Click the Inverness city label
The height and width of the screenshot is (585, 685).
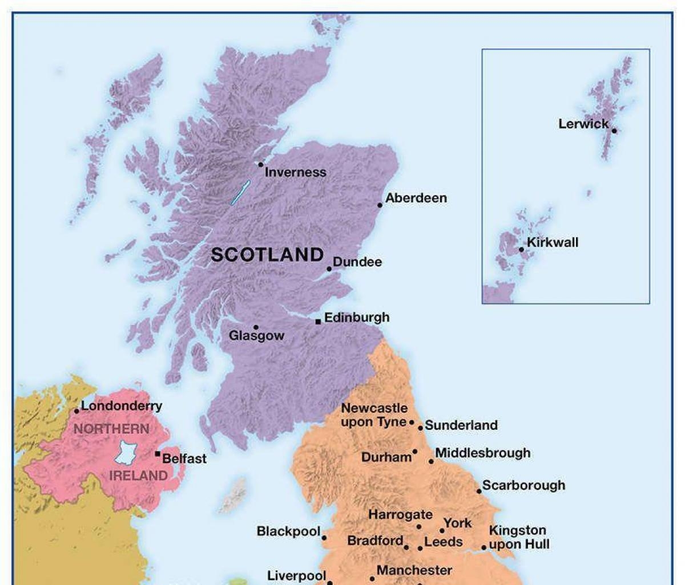(x=295, y=172)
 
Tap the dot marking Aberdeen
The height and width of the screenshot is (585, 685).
(x=380, y=205)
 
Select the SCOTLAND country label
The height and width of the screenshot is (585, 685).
(x=267, y=255)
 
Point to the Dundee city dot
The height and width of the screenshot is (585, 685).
(x=329, y=269)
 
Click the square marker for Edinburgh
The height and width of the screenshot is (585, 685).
(x=318, y=322)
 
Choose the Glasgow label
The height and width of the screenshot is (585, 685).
(x=256, y=336)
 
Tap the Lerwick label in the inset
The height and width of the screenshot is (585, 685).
(x=583, y=124)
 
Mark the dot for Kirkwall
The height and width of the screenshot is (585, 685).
(x=521, y=250)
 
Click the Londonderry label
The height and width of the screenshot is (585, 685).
(x=122, y=406)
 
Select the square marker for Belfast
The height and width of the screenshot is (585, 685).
(x=158, y=454)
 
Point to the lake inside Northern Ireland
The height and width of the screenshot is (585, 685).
(x=125, y=452)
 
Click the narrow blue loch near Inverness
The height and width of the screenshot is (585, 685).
(x=240, y=192)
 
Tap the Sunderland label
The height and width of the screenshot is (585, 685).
(x=461, y=425)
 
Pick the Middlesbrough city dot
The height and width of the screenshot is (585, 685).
(x=432, y=461)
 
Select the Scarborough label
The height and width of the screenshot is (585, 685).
(x=523, y=485)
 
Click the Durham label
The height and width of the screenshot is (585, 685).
(x=386, y=457)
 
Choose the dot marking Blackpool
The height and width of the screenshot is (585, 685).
(x=324, y=538)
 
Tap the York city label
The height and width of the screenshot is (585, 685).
(x=458, y=523)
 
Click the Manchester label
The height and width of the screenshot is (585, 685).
(x=414, y=570)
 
